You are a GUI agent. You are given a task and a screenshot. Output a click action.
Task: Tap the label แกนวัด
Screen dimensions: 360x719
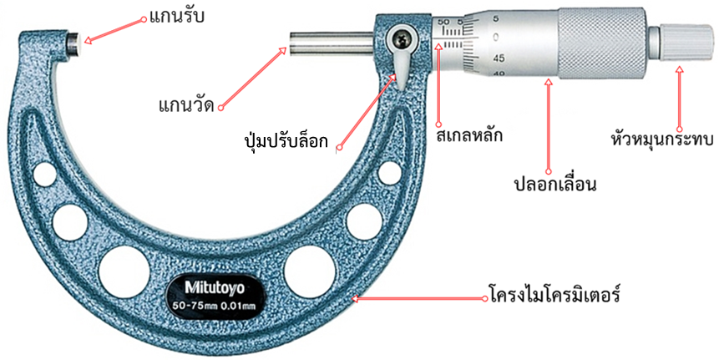[186, 106]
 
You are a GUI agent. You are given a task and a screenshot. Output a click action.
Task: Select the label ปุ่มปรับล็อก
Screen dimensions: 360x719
[286, 136]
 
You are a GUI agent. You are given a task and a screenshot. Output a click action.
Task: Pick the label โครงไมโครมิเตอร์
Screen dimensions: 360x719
[553, 296]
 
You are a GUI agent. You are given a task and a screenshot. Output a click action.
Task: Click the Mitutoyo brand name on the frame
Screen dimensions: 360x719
[215, 286]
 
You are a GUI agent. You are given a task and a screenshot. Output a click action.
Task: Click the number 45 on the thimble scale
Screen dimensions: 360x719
[498, 58]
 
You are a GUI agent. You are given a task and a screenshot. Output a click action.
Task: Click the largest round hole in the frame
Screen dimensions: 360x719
[124, 268]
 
